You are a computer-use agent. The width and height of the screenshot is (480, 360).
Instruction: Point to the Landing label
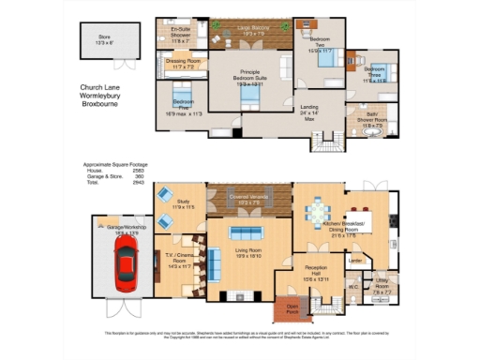pyautogui.click(x=308, y=112)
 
